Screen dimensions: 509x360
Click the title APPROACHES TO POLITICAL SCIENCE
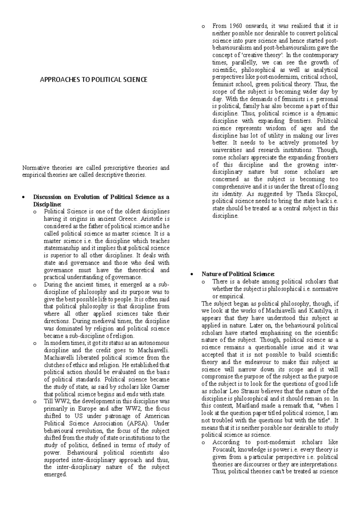(x=94, y=80)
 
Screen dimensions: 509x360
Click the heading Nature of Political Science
(x=238, y=274)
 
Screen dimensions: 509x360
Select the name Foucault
(x=224, y=450)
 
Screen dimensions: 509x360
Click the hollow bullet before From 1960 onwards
(x=203, y=26)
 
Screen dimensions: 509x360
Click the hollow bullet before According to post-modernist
(x=203, y=443)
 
